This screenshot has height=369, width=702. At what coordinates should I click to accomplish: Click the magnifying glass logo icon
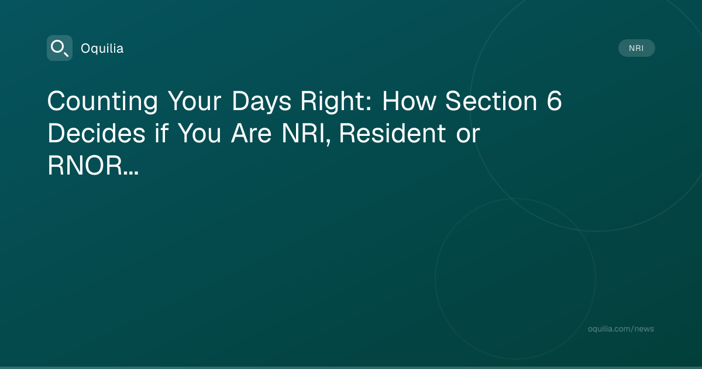60,48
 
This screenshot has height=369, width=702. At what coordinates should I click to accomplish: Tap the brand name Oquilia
102,49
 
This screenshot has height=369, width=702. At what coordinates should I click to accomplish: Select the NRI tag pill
636,48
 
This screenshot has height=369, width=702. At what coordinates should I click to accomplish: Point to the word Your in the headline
194,101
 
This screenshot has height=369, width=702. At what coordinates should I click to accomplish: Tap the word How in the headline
409,101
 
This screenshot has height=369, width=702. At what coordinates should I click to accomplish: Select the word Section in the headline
491,101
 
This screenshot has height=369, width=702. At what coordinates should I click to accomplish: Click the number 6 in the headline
555,101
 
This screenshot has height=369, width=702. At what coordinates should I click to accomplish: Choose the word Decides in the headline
97,133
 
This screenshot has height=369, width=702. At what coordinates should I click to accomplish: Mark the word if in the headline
161,133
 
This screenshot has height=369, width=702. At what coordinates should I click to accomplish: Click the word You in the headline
199,134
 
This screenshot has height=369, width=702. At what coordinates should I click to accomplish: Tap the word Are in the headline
252,134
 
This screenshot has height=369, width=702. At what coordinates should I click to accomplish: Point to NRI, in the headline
306,134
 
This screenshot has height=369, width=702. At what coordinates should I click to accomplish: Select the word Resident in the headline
393,133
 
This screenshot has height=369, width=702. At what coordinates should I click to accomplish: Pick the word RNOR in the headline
85,165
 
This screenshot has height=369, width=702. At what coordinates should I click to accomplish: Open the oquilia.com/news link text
621,329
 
